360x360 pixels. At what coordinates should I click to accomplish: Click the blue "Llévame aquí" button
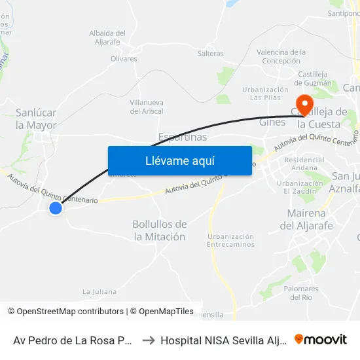[179, 161]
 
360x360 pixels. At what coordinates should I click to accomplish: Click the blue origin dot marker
[56, 208]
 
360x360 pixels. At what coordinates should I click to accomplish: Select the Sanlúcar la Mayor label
[36, 118]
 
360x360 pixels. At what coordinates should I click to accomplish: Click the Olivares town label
[124, 59]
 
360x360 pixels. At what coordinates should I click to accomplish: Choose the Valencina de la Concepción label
[281, 56]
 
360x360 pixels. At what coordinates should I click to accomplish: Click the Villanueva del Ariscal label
[147, 107]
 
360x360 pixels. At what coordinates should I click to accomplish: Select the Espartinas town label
[183, 137]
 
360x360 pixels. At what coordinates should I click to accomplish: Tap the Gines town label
[272, 122]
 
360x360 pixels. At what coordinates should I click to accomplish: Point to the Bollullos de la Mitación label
[159, 230]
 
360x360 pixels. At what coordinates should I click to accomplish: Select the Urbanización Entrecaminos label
[230, 240]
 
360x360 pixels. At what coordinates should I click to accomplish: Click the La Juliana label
[99, 291]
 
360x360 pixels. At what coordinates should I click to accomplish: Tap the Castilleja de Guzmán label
[314, 79]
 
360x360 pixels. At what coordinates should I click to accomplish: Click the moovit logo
[321, 340]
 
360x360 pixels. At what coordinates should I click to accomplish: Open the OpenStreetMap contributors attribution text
[70, 312]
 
